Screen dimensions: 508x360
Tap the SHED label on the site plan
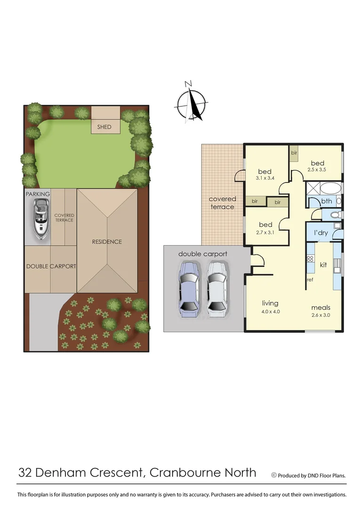click(x=104, y=127)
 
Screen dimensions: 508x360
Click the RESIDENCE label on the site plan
click(x=107, y=242)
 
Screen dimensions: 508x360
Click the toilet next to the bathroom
click(x=335, y=215)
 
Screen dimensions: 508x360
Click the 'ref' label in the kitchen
click(x=310, y=280)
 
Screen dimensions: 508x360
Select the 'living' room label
click(x=270, y=303)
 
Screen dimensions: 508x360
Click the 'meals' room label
click(x=320, y=308)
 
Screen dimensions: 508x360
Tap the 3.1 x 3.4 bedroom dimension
click(x=265, y=178)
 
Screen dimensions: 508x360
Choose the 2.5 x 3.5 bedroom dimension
click(x=318, y=170)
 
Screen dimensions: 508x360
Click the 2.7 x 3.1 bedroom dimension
click(x=265, y=232)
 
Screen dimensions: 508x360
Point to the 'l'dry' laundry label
click(x=321, y=232)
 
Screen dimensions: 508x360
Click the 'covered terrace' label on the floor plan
click(x=222, y=203)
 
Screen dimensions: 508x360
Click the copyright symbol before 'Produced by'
click(x=274, y=475)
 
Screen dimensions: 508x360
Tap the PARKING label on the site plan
click(x=38, y=194)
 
